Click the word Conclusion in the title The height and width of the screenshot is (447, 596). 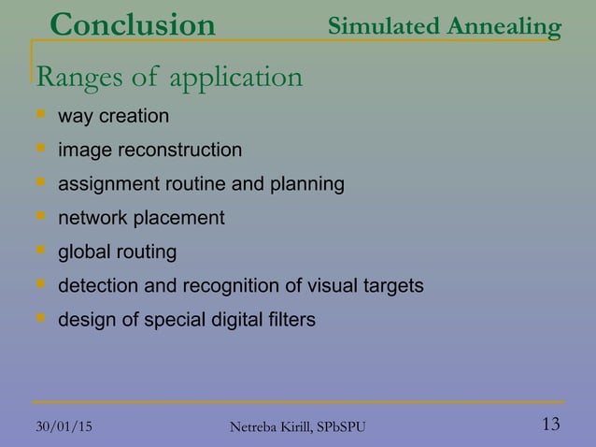(x=133, y=24)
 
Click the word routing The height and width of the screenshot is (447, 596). (x=147, y=252)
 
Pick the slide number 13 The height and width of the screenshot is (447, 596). (x=550, y=425)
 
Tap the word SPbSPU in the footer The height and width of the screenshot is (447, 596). (x=337, y=427)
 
